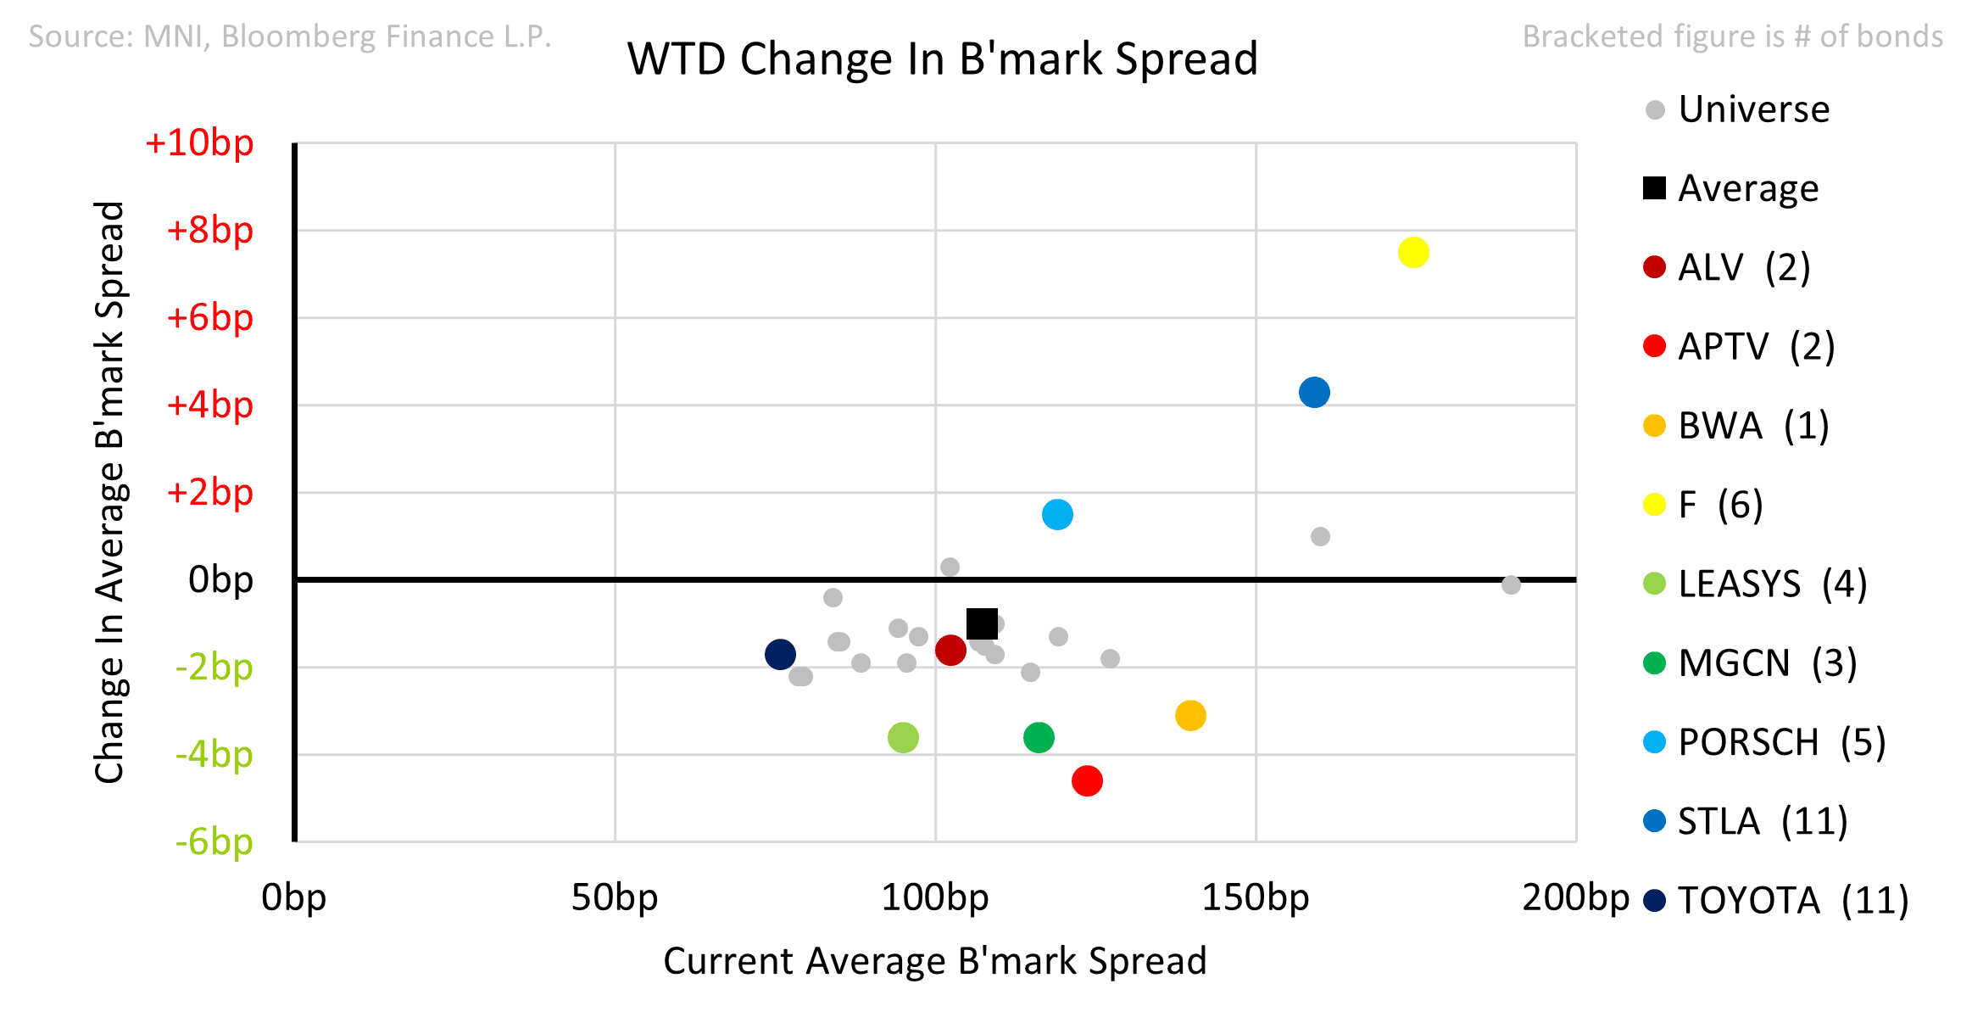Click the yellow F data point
1413,253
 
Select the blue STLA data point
1314,392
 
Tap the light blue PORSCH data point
1057,514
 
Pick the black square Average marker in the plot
982,623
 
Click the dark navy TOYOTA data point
780,654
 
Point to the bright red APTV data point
1087,780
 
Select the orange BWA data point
1190,715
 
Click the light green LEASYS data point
903,737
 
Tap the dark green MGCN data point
1039,737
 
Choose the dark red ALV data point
950,651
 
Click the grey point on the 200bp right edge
1511,584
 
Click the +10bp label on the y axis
199,143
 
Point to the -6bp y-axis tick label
214,841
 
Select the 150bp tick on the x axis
1256,897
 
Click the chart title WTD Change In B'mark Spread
943,59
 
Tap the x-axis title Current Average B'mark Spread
935,961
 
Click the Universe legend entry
1738,109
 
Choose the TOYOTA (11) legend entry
1776,900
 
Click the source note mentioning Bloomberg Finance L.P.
290,36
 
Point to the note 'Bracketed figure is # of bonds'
1733,36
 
